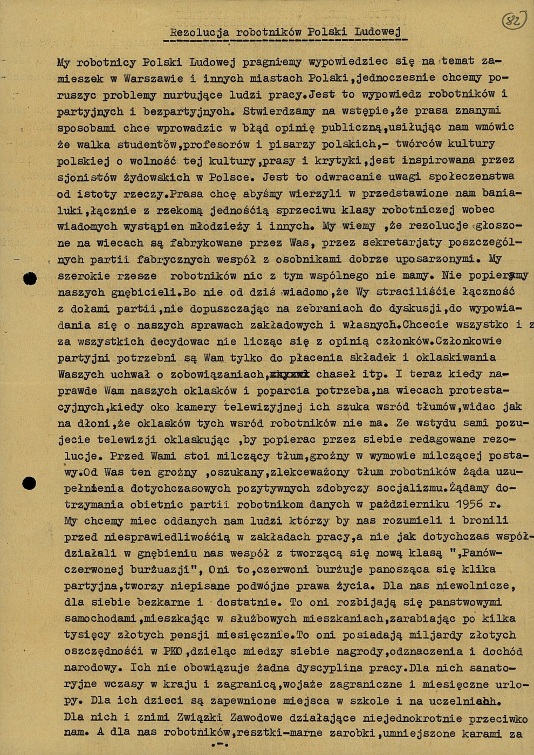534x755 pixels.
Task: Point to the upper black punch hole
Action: click(31, 279)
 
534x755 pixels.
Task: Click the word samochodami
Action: click(100, 619)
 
